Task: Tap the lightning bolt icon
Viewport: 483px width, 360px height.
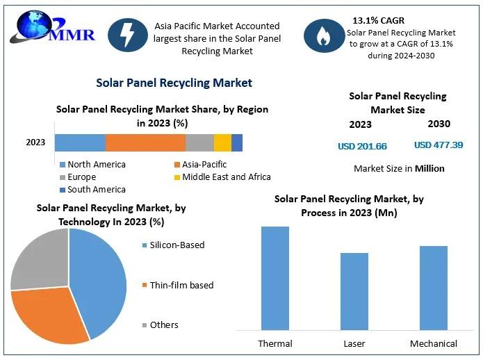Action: (128, 35)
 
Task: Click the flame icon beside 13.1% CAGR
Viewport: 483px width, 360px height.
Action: (324, 35)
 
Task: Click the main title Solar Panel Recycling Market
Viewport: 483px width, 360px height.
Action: (174, 83)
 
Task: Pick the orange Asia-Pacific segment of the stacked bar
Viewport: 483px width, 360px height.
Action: (145, 142)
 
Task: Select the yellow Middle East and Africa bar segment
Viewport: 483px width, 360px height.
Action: (222, 142)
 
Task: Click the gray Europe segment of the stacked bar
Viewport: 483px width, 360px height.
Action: (199, 142)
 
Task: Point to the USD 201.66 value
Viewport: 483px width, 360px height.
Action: (362, 146)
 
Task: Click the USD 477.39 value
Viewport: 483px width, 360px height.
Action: (439, 145)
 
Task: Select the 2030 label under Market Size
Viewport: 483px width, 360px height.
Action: (439, 124)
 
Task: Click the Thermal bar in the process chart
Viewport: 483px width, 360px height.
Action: (275, 278)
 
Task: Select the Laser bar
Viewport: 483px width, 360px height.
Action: (354, 291)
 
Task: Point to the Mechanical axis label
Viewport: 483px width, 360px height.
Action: (434, 343)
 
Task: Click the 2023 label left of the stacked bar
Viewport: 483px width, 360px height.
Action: (35, 142)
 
